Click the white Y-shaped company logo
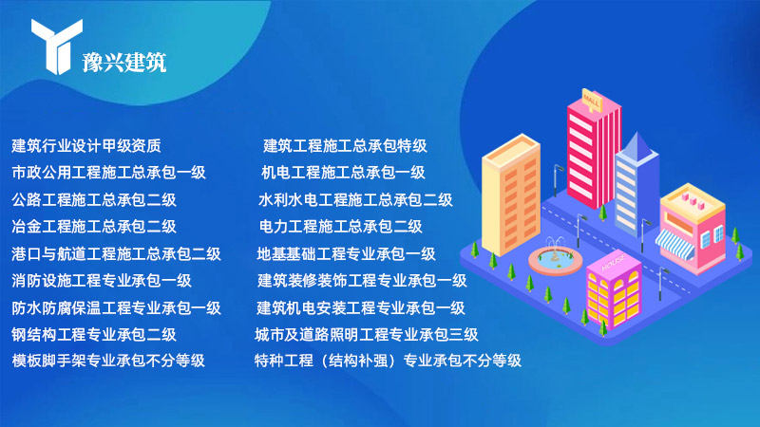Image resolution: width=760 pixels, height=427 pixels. pos(56,46)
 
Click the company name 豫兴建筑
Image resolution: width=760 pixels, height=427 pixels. pos(124,63)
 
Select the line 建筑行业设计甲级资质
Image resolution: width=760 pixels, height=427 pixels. pos(86,146)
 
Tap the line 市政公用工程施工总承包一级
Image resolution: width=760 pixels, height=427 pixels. pos(109,173)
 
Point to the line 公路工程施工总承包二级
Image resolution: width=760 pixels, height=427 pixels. pos(94,200)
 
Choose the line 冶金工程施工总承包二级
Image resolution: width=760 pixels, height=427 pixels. pos(94,227)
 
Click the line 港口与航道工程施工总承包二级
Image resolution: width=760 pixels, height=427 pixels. pos(116,253)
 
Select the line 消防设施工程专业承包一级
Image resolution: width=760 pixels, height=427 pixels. pos(102,280)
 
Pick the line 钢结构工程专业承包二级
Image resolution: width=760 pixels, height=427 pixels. pos(94,335)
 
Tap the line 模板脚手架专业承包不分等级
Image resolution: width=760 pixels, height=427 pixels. pos(108,361)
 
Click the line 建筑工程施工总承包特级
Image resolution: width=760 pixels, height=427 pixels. pos(345,146)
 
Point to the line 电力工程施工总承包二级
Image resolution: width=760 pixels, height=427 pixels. pos(341,227)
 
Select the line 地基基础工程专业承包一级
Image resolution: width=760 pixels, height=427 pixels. pos(346,253)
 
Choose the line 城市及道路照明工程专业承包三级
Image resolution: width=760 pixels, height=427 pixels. pos(367,335)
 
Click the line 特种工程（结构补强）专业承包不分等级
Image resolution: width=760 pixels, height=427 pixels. pos(388,361)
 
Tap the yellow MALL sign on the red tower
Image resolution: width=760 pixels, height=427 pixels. pos(592,101)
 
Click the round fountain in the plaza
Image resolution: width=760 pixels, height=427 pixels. pos(556,259)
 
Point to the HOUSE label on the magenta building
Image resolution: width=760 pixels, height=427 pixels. pos(614,263)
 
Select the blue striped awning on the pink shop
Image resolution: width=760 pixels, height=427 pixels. pos(674,244)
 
